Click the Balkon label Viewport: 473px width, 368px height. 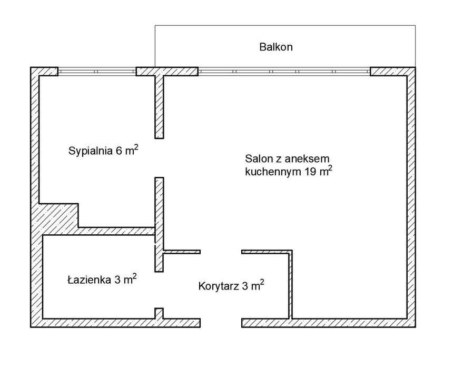[275, 47]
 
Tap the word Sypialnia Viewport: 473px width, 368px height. [91, 151]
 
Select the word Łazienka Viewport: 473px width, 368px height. [89, 280]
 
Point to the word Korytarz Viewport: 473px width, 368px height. [219, 286]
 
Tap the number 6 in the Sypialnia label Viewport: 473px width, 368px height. [119, 151]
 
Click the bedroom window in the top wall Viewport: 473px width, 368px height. [97, 72]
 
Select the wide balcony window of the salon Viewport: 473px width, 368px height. [284, 72]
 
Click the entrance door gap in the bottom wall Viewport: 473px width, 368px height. [221, 323]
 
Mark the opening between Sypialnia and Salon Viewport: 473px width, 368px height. [159, 158]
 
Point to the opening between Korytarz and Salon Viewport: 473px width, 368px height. [221, 252]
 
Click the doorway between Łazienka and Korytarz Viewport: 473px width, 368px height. [159, 290]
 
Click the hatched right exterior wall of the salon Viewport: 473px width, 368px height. [411, 197]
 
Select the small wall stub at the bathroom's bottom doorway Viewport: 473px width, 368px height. [159, 313]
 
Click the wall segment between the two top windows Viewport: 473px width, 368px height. [167, 72]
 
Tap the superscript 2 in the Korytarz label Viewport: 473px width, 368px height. [262, 282]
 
